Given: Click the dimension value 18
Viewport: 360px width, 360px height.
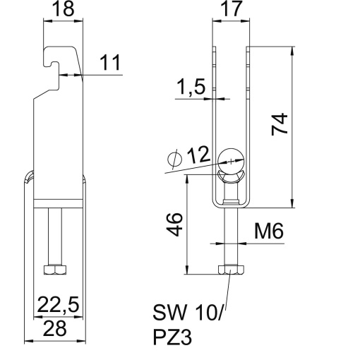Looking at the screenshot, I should (62, 10).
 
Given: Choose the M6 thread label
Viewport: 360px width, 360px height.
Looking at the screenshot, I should (269, 231).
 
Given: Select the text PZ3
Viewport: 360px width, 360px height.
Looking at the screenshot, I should (172, 337).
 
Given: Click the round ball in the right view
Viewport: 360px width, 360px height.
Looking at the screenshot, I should (230, 158).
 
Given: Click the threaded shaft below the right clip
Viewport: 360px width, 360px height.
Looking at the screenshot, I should (230, 236).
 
